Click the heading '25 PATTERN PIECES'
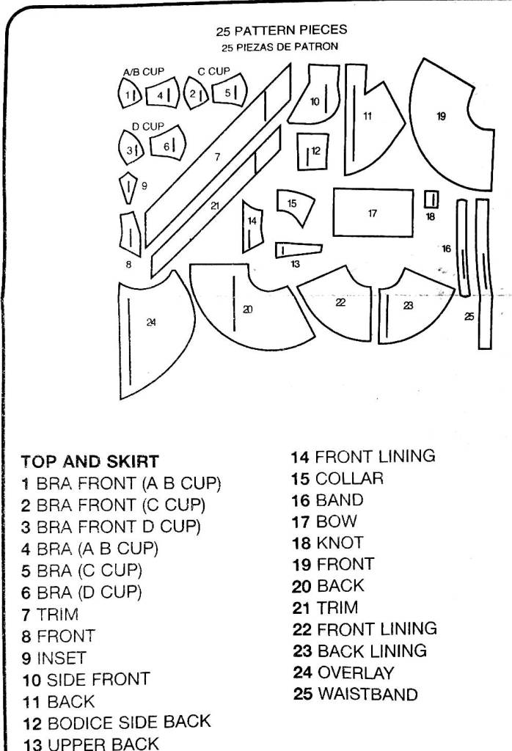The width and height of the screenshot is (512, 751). [x=281, y=31]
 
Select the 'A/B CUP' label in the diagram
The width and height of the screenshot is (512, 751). [x=143, y=72]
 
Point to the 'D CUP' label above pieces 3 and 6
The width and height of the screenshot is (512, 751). [x=147, y=126]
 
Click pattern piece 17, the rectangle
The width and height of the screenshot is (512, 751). [x=373, y=213]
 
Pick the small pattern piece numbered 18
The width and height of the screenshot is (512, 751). [x=431, y=199]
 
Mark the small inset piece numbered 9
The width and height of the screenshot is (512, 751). [x=128, y=187]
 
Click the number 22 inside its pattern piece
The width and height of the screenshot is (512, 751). [x=340, y=302]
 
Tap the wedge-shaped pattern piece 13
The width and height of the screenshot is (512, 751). [x=297, y=249]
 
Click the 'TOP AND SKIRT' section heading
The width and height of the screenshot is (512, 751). [x=89, y=462]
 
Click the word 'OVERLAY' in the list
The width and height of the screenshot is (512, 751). [x=355, y=672]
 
